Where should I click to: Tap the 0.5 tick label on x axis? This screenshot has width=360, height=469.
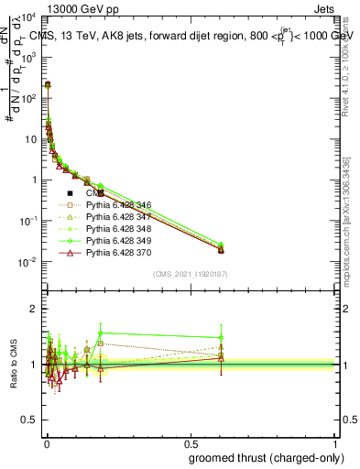click(x=191, y=442)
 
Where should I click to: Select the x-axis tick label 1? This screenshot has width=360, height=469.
click(x=336, y=442)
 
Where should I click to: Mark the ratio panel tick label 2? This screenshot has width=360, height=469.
click(x=33, y=309)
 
